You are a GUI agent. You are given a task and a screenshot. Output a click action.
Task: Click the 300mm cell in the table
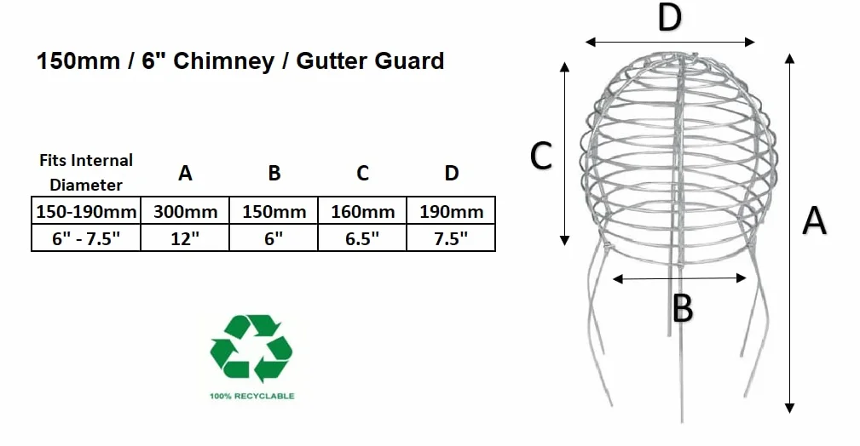point(185,211)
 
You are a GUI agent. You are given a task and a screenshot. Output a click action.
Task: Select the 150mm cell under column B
point(274,211)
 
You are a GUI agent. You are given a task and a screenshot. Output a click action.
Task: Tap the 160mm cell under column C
point(362,211)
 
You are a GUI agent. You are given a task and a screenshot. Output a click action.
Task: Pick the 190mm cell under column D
point(452,211)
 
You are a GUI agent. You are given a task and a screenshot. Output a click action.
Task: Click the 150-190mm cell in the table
point(86,211)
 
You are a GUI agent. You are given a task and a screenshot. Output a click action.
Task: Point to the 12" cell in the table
point(185,238)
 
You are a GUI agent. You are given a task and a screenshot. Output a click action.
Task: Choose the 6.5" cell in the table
point(362,238)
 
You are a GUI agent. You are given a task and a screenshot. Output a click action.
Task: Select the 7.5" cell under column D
point(452,238)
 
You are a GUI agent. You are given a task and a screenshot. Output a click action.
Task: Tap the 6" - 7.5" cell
point(86,238)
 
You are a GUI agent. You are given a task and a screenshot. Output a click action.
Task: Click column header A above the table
point(186,173)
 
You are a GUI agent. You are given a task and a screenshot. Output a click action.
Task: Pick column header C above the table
point(362,173)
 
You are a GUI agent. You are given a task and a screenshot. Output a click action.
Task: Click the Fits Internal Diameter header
point(86,172)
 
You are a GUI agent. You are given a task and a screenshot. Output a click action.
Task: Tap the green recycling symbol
point(251,348)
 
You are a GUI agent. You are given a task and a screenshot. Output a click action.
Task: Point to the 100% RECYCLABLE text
point(251,396)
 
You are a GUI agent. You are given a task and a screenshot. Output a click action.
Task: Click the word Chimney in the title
point(224,61)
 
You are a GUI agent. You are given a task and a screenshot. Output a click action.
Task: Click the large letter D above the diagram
point(670,18)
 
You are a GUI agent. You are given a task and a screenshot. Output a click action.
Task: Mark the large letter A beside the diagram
point(814,220)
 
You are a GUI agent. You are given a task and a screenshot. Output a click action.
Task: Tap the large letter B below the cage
point(683,308)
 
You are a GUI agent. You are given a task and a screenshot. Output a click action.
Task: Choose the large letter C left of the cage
point(540,156)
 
